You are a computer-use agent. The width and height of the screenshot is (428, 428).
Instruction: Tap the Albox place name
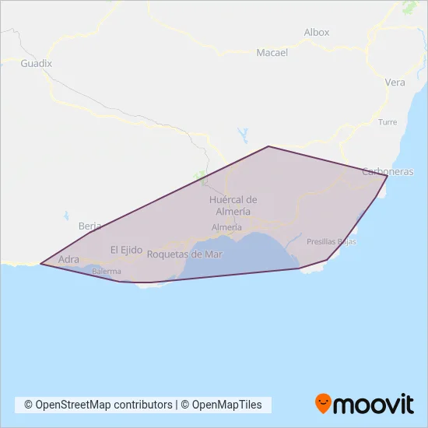click(317, 33)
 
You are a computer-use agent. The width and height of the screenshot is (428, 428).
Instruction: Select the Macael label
click(272, 53)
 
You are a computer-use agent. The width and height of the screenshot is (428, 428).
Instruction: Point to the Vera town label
click(395, 82)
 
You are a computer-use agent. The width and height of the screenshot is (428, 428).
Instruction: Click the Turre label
click(387, 122)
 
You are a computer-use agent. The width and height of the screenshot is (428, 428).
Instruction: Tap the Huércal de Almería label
click(233, 205)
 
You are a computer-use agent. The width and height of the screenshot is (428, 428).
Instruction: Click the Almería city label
click(226, 227)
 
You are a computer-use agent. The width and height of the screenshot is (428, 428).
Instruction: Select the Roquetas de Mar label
click(184, 254)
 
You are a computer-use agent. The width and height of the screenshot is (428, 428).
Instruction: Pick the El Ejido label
click(126, 250)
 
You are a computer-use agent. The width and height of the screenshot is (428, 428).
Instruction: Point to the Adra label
click(68, 260)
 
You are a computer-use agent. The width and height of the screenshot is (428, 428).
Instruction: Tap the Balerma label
click(107, 272)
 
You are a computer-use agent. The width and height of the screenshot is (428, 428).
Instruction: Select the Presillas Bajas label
click(332, 242)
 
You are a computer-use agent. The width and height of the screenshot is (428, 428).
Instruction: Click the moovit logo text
click(374, 404)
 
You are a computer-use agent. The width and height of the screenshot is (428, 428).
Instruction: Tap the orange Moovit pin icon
click(322, 403)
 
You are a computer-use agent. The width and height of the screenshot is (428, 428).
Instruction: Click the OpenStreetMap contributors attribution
click(98, 405)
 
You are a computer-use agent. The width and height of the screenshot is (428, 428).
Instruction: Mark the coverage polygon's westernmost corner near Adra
click(40, 264)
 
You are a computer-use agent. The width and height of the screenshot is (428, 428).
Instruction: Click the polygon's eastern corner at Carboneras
click(388, 176)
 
